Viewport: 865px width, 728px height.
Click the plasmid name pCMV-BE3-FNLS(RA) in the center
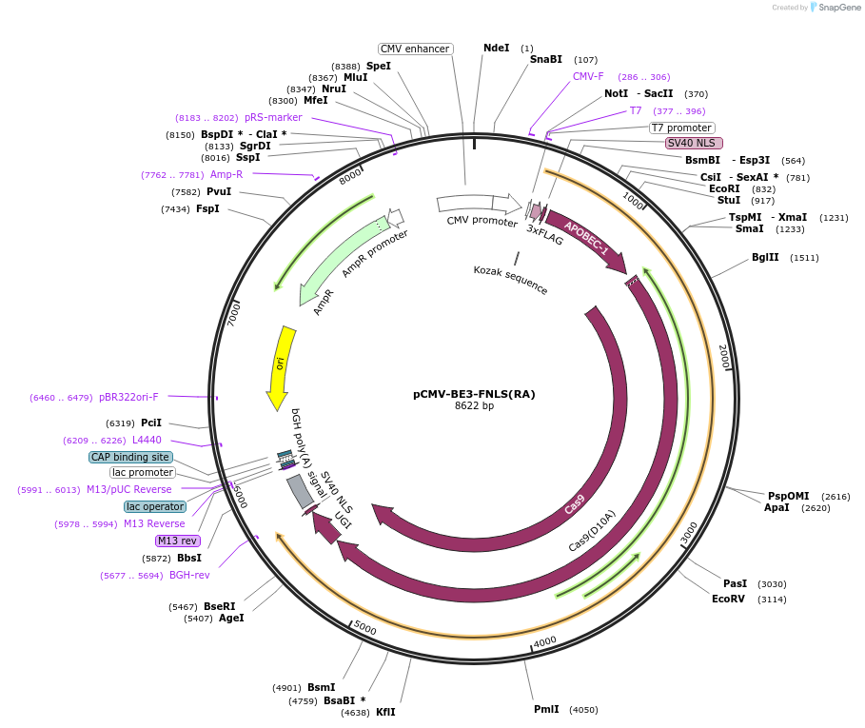coord(474,393)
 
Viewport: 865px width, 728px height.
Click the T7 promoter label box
coord(681,128)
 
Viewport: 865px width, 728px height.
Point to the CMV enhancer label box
coord(415,49)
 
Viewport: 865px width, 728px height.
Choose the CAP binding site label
coord(130,457)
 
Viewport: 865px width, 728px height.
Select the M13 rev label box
coord(177,541)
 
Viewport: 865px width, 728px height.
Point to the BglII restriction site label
coord(765,257)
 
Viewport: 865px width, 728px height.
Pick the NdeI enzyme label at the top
coord(496,48)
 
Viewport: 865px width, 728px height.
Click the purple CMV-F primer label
coord(588,76)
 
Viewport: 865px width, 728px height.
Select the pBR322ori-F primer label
coord(128,397)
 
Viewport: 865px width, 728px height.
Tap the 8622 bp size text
coord(474,406)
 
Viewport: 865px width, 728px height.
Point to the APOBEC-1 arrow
coord(584,237)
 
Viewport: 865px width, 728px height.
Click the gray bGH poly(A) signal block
coord(301,491)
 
